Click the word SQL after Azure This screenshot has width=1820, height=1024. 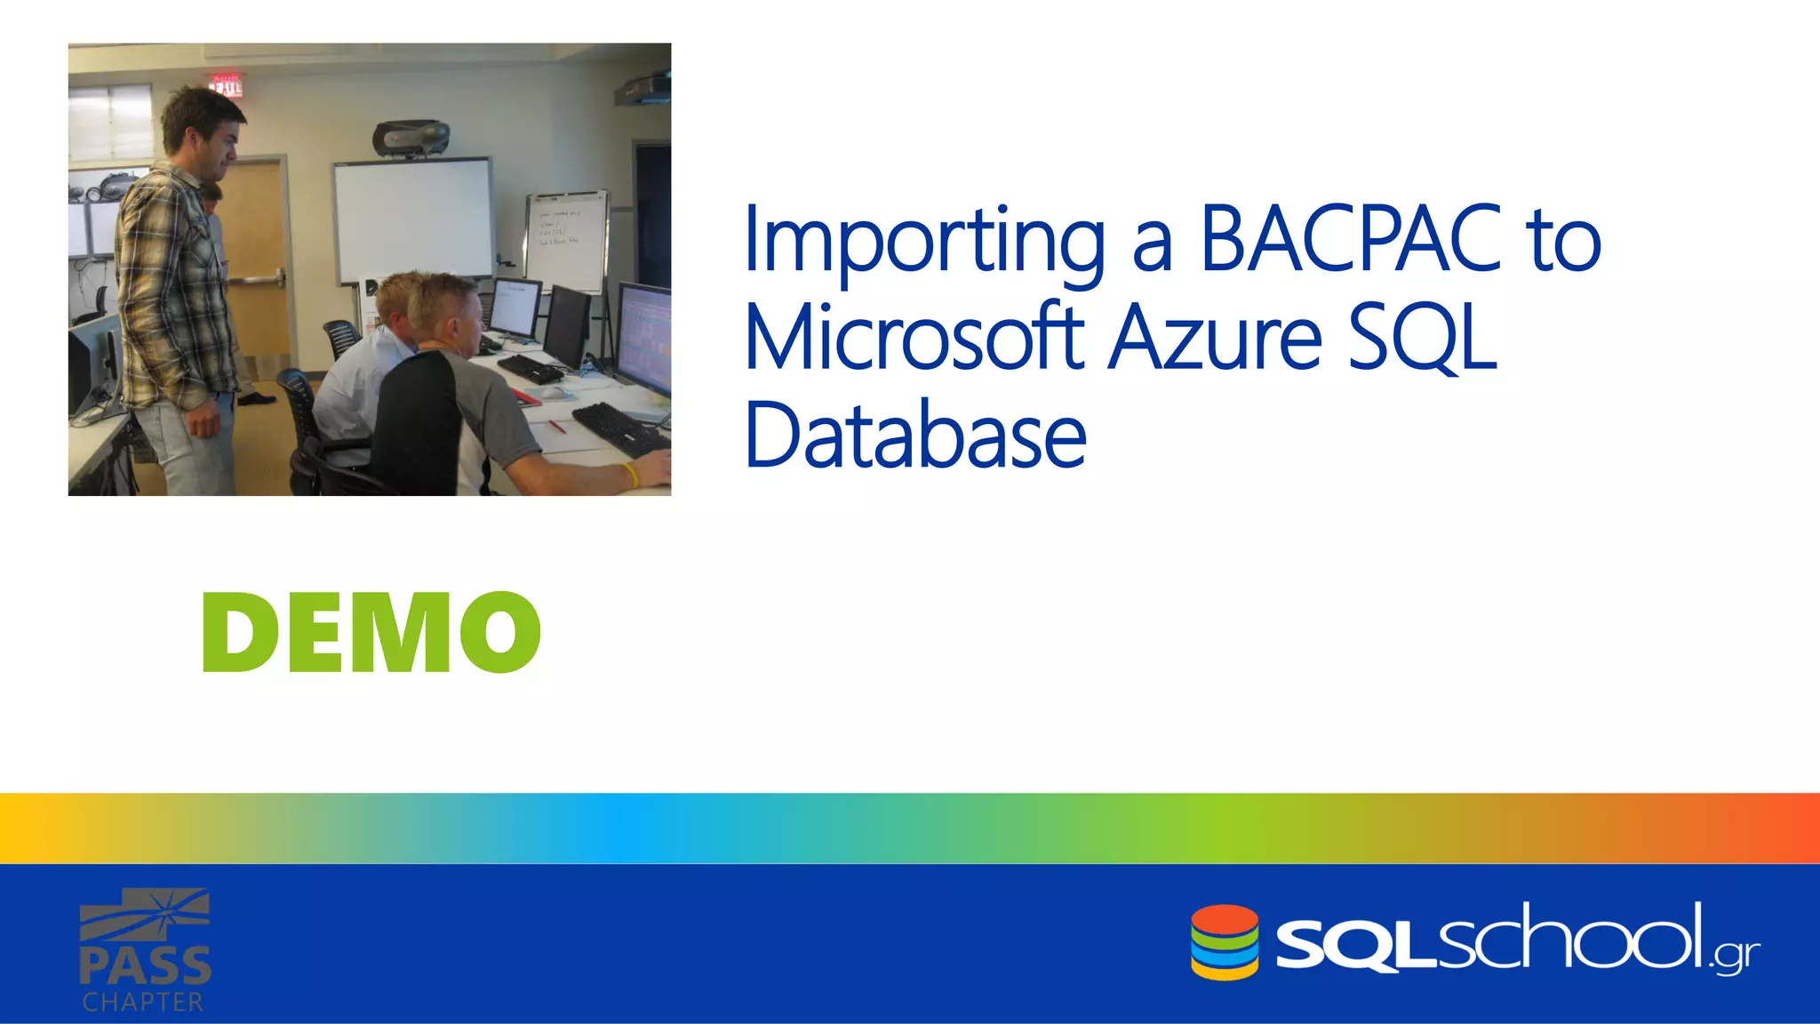pyautogui.click(x=1422, y=338)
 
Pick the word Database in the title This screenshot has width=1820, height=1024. pyautogui.click(x=915, y=436)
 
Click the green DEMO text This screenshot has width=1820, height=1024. pyautogui.click(x=371, y=633)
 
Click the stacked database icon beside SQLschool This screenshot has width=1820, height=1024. pyautogui.click(x=1225, y=942)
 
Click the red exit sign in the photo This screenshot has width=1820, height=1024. pyautogui.click(x=226, y=86)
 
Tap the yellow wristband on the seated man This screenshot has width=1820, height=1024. pyautogui.click(x=630, y=475)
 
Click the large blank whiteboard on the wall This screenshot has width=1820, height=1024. pyautogui.click(x=412, y=219)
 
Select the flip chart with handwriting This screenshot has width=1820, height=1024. pyautogui.click(x=566, y=240)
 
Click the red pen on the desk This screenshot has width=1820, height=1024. pyautogui.click(x=556, y=427)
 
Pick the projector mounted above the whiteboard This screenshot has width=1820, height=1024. pyautogui.click(x=411, y=138)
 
